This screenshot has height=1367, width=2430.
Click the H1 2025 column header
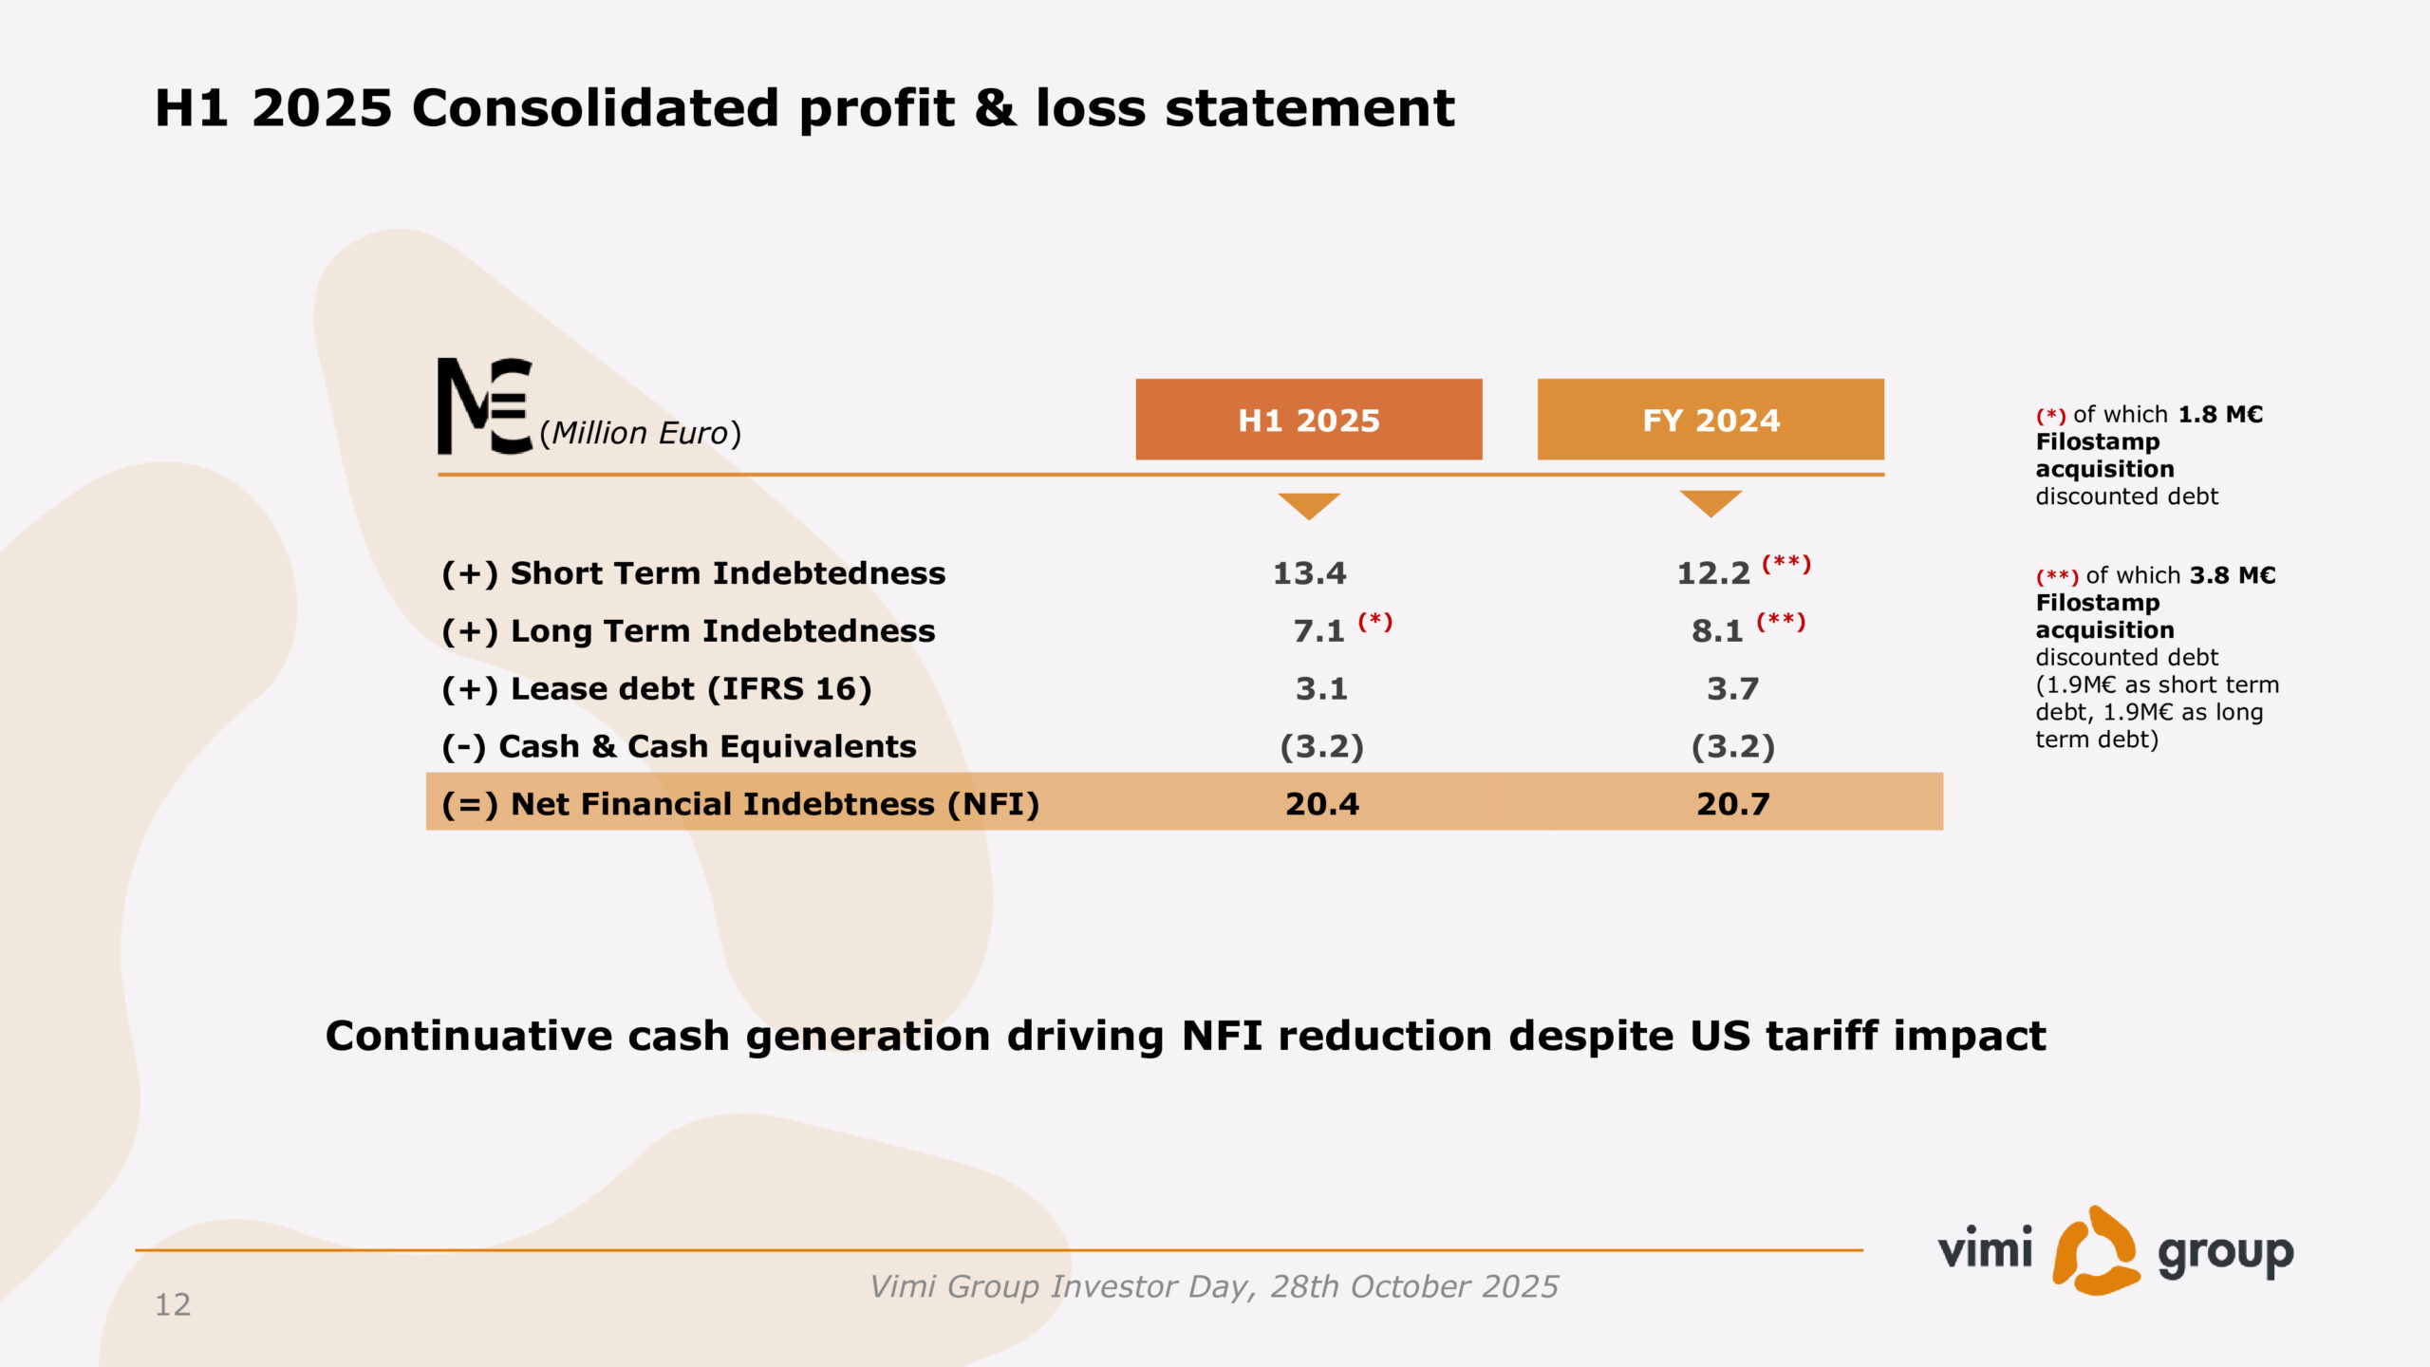1309,420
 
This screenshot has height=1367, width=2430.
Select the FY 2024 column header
1710,420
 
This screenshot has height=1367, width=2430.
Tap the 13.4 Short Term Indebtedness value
1309,573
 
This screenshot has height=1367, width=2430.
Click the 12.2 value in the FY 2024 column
1713,573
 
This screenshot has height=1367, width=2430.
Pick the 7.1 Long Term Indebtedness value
1319,631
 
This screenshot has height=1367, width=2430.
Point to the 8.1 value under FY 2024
1717,631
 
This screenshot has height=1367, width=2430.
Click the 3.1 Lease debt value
1321,689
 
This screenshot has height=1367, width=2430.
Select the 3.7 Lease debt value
1733,689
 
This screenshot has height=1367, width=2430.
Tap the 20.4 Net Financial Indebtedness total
1322,804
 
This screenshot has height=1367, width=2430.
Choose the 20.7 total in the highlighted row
1733,804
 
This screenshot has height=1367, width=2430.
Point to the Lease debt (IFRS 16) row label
657,689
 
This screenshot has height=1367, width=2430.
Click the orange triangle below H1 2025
1309,506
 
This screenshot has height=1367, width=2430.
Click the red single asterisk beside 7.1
1374,621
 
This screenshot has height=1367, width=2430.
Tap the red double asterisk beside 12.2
1786,564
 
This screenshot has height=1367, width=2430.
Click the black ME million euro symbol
485,406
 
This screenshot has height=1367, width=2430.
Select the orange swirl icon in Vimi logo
2096,1250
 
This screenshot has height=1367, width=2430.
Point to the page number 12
173,1304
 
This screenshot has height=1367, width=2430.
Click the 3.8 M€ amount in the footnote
2233,575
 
